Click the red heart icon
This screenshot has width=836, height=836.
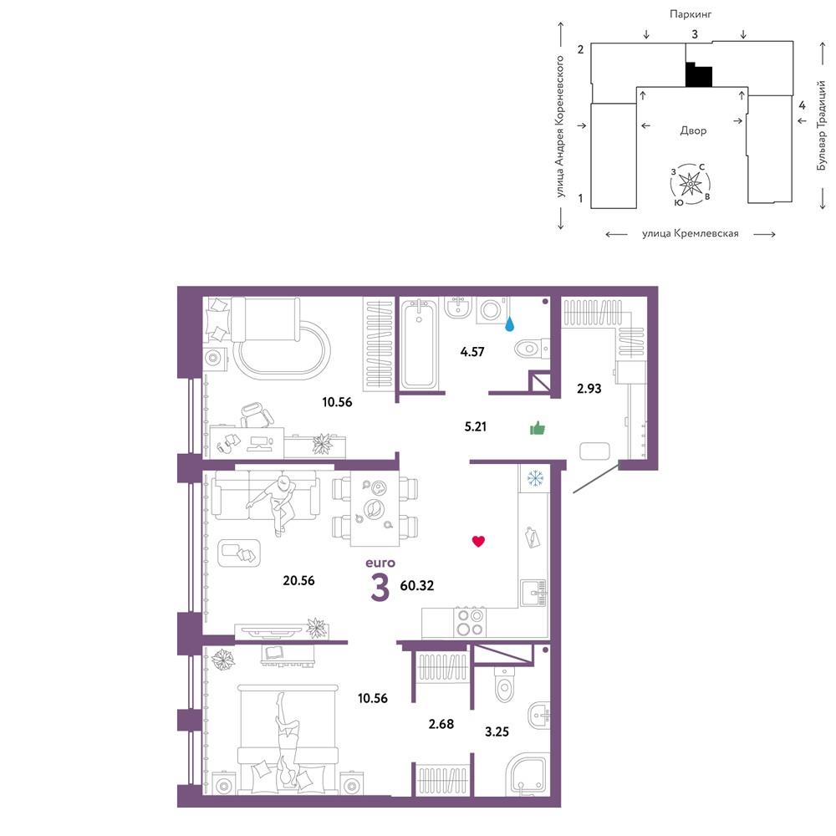click(478, 541)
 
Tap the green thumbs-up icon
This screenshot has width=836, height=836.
click(538, 428)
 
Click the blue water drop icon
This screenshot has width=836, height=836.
click(510, 324)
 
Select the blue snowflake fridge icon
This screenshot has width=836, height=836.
click(535, 478)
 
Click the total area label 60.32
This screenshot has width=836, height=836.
click(417, 585)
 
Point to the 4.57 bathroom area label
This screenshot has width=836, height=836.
click(472, 351)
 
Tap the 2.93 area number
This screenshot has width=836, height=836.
click(589, 389)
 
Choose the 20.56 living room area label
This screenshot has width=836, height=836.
click(298, 580)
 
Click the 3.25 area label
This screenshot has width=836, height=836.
click(497, 731)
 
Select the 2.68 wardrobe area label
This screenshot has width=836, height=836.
click(441, 723)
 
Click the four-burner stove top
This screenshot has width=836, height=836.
click(470, 622)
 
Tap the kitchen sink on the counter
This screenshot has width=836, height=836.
click(533, 593)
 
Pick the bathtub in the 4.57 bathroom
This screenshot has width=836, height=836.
click(419, 344)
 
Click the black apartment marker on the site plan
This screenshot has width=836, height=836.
click(699, 74)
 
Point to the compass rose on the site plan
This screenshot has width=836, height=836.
click(691, 184)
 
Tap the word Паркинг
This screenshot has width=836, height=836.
click(691, 14)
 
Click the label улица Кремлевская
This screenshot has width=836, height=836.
click(690, 233)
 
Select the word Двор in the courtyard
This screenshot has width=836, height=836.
click(693, 130)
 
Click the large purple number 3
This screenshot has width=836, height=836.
click(380, 588)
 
